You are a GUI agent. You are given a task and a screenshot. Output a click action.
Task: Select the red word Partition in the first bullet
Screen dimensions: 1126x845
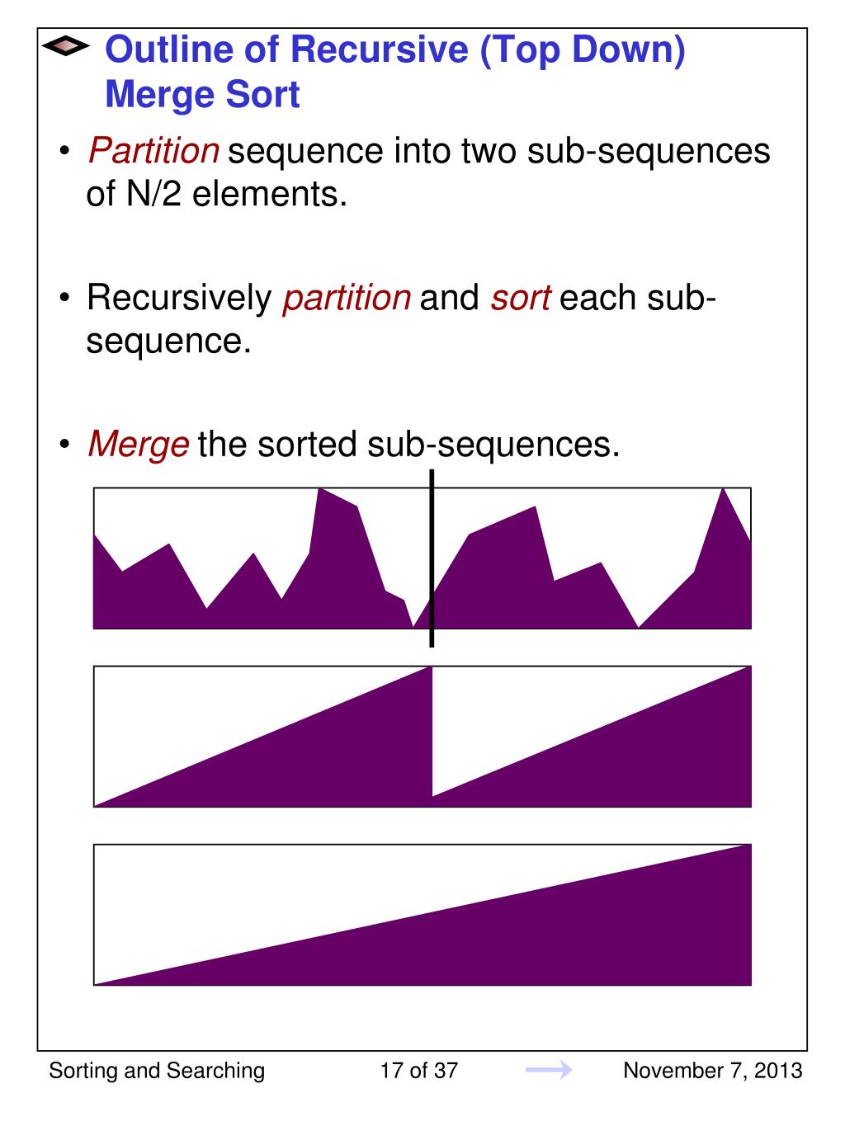[153, 152]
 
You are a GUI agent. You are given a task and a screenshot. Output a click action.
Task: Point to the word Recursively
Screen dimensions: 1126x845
[179, 298]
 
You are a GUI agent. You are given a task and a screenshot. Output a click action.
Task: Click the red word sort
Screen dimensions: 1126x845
[520, 298]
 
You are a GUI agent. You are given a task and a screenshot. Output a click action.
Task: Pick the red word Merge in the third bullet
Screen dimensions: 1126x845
[139, 445]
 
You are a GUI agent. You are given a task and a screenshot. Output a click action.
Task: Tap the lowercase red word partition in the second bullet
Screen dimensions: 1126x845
[347, 298]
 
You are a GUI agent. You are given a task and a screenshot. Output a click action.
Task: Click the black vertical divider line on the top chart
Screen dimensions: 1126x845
[432, 558]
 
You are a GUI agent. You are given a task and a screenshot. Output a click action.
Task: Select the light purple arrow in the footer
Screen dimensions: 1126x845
[549, 1071]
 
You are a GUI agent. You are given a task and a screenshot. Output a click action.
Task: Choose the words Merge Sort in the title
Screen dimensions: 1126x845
[202, 95]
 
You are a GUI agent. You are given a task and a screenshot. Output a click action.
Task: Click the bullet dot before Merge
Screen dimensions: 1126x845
[64, 445]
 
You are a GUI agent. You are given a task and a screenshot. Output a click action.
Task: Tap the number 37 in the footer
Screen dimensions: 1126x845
[446, 1071]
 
